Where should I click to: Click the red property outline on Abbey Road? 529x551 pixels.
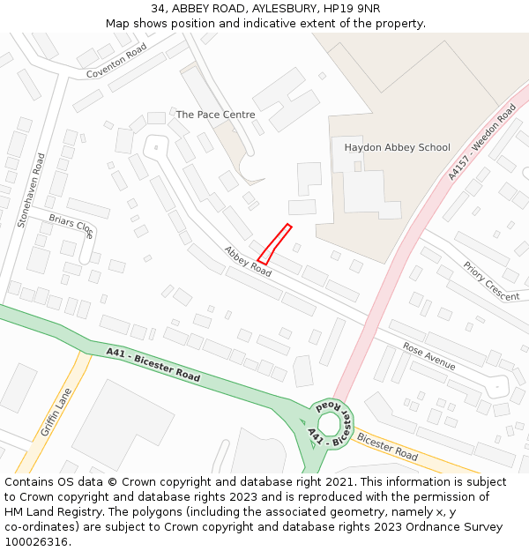tap(274, 244)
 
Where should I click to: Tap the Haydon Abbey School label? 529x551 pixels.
tap(397, 147)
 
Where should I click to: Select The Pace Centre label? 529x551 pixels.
tap(215, 115)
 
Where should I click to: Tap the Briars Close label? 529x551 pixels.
tap(71, 226)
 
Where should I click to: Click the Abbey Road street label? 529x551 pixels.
tap(248, 261)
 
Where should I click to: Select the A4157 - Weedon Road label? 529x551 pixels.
tap(481, 143)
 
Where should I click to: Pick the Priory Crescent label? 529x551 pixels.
tap(491, 281)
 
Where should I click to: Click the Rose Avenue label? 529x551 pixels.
tap(428, 355)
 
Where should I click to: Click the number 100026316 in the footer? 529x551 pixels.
tap(37, 542)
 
